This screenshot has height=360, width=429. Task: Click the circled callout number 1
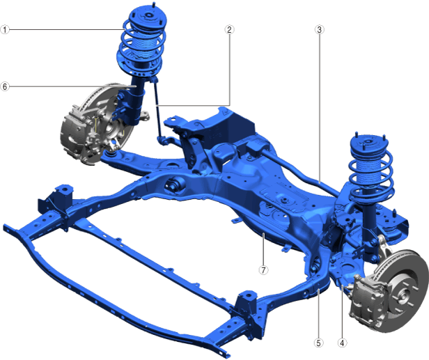pyautogui.click(x=5, y=29)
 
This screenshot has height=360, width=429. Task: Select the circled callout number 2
pyautogui.click(x=229, y=29)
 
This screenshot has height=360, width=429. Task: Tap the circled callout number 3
pyautogui.click(x=319, y=29)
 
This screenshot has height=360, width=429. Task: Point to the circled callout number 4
pyautogui.click(x=342, y=343)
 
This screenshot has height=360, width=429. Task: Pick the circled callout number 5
pyautogui.click(x=319, y=343)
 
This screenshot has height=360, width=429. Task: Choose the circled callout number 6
pyautogui.click(x=5, y=86)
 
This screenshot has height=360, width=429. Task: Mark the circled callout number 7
pyautogui.click(x=263, y=270)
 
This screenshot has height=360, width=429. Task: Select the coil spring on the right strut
pyautogui.click(x=370, y=175)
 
